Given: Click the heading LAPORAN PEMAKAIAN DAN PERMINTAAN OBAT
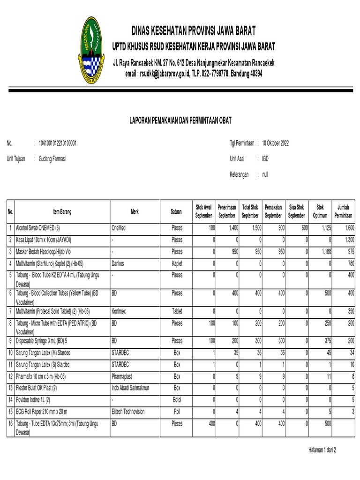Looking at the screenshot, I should point(180,121).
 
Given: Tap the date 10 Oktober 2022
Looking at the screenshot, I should point(275,143).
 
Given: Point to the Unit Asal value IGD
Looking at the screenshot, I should point(265,159).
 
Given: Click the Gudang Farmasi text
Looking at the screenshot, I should point(52,159).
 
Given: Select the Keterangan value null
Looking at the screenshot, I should point(265,174).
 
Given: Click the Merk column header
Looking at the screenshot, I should point(135,212).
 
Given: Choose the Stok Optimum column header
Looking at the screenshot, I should point(320,211).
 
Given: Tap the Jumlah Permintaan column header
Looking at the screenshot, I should point(343,211).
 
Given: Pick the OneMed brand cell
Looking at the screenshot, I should point(120,228).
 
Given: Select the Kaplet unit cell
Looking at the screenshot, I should point(177,263).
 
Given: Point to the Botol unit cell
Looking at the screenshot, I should point(177,399).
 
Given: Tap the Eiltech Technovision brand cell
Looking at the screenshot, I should point(128,412).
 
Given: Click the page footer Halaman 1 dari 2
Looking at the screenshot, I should point(322,450).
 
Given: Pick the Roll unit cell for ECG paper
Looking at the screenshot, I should point(177,412).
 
